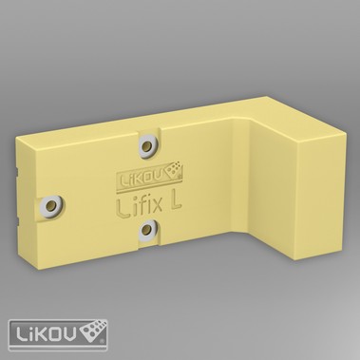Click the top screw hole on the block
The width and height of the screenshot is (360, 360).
click(x=148, y=144)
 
